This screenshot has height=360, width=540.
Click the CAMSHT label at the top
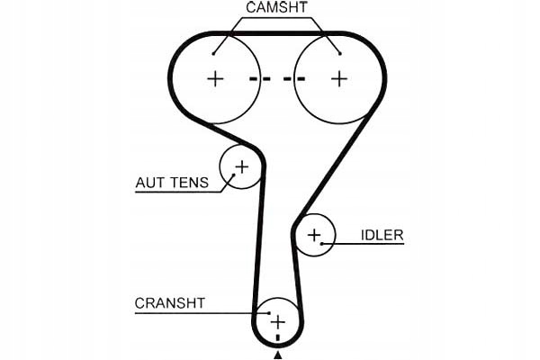(x=277, y=9)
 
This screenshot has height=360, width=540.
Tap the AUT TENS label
(x=171, y=183)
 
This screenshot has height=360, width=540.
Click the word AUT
(x=148, y=183)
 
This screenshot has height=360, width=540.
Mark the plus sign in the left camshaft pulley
(x=215, y=78)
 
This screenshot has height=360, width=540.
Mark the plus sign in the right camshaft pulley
(x=338, y=78)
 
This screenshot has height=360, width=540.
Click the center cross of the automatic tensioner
(x=241, y=166)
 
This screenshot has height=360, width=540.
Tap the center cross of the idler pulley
(x=313, y=236)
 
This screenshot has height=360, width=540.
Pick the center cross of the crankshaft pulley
(x=278, y=321)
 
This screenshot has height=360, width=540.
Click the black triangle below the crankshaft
(x=278, y=355)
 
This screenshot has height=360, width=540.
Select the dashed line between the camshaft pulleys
(x=277, y=79)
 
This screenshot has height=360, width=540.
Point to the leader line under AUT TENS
(x=180, y=192)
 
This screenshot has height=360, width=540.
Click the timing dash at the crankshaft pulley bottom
(x=278, y=337)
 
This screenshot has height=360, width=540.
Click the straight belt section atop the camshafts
(x=277, y=35)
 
